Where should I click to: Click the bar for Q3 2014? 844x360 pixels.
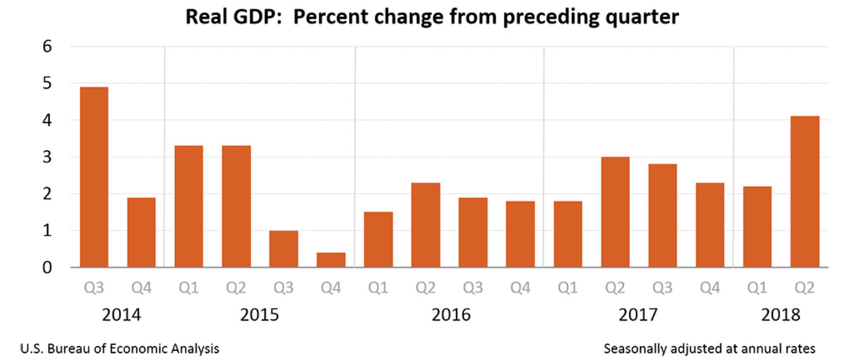tap(94, 177)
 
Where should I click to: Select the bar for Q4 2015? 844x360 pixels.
tap(331, 259)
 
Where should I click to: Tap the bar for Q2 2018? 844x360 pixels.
tap(805, 192)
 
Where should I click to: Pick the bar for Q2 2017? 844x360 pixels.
tap(615, 212)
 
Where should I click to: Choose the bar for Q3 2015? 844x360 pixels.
tap(283, 249)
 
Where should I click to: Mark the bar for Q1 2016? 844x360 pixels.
tap(378, 240)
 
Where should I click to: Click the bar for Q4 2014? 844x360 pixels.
tap(141, 232)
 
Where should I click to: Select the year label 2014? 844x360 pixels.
tap(122, 315)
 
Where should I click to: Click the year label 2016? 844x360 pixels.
tap(450, 315)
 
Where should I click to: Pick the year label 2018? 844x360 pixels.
tap(781, 315)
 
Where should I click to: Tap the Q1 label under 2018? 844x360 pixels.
tap(757, 288)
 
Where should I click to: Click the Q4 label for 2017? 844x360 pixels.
tap(710, 288)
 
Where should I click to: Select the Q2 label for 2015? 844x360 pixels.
tap(236, 288)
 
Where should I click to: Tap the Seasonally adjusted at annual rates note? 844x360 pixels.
tap(709, 348)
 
